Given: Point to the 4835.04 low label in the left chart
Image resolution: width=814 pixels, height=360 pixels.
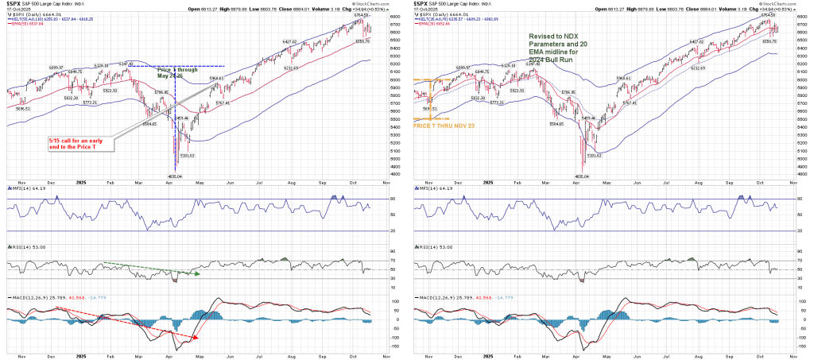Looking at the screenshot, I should click(175, 176).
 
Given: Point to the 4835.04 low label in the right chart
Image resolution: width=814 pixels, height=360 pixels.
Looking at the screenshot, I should click(582, 176).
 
